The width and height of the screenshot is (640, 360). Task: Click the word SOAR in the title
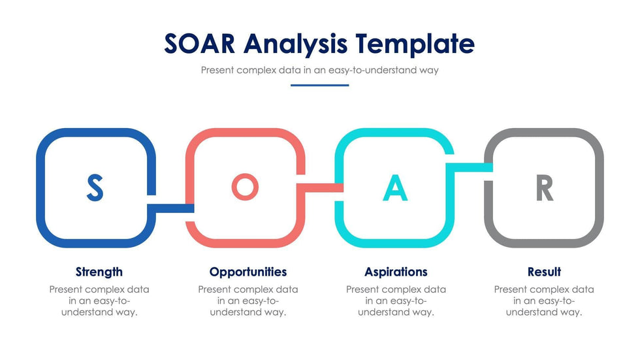[x=200, y=43]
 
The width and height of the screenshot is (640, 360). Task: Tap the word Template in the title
[x=415, y=44]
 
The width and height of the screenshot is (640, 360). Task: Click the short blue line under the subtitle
[x=319, y=86]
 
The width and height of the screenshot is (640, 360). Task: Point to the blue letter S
[x=95, y=188]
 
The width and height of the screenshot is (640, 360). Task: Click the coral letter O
[x=245, y=187]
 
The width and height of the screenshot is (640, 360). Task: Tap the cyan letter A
[x=395, y=188]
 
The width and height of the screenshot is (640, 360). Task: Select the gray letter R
[x=545, y=188]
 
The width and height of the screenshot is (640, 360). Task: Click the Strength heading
[x=99, y=272]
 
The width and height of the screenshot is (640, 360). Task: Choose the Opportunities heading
[x=248, y=272]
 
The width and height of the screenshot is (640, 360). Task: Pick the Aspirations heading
[x=396, y=272]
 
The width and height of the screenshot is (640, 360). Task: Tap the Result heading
[x=544, y=271]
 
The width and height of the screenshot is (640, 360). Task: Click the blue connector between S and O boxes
[x=170, y=208]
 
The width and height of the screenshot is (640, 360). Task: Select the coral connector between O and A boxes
[x=320, y=188]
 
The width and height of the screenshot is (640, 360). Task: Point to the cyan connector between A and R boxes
[x=470, y=167]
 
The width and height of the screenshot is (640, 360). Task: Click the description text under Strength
[x=99, y=301]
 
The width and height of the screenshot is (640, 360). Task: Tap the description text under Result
[x=544, y=301]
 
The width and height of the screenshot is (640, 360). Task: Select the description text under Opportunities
[x=248, y=301]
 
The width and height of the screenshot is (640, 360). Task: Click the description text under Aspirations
[x=396, y=301]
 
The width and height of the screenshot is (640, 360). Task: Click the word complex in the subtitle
[x=256, y=70]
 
